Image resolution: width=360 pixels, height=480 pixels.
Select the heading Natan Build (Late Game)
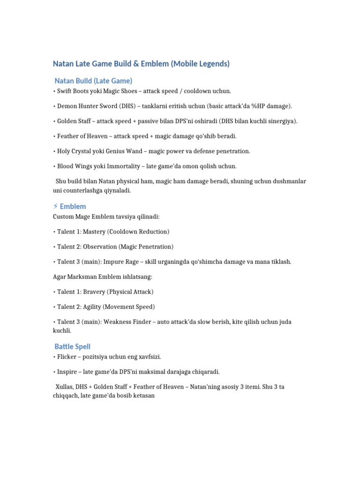[93, 81]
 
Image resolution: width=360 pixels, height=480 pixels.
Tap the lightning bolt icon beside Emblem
[56, 206]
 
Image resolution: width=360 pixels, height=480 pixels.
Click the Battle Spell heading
[73, 346]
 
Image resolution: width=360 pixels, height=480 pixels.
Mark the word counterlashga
[85, 191]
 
